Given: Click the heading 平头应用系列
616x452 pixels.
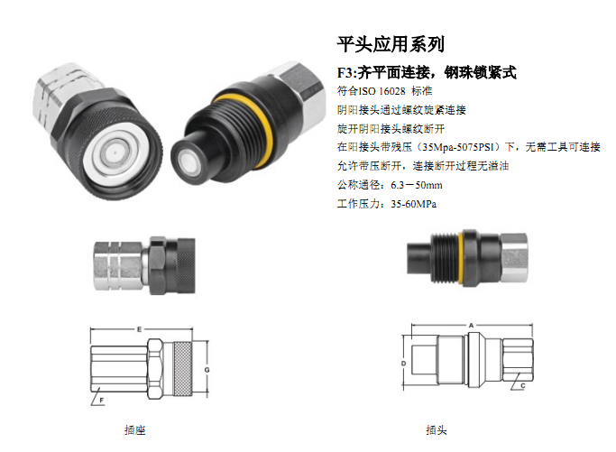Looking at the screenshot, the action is pyautogui.click(x=391, y=44).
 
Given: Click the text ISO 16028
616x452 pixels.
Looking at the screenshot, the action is pyautogui.click(x=382, y=91).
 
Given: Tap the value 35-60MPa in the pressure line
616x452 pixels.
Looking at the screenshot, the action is pyautogui.click(x=413, y=204).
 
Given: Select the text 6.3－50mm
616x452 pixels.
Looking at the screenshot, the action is pyautogui.click(x=417, y=185).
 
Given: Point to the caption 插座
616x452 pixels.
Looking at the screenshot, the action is pyautogui.click(x=134, y=430).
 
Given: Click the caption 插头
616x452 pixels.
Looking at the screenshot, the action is pyautogui.click(x=437, y=430).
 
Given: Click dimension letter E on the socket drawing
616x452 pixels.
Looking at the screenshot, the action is pyautogui.click(x=139, y=329).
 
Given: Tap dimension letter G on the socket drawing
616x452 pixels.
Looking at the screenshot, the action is pyautogui.click(x=207, y=370).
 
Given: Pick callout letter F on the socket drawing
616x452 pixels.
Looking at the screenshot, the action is pyautogui.click(x=101, y=401).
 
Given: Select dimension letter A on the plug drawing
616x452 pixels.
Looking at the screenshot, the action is pyautogui.click(x=471, y=325).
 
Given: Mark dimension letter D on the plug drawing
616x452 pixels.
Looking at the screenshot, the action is pyautogui.click(x=403, y=364).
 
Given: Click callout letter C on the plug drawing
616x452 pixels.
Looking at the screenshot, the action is pyautogui.click(x=523, y=386).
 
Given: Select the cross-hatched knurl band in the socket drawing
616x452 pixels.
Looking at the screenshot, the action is pyautogui.click(x=183, y=369).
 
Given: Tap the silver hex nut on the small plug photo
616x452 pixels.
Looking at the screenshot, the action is pyautogui.click(x=514, y=257).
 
